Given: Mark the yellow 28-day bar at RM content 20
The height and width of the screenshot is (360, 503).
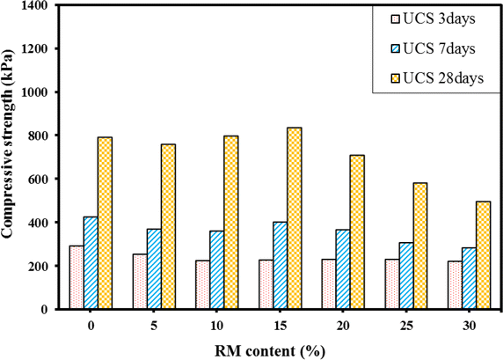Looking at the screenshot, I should [357, 232].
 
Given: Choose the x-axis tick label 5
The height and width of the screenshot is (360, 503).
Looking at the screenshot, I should [154, 323].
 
